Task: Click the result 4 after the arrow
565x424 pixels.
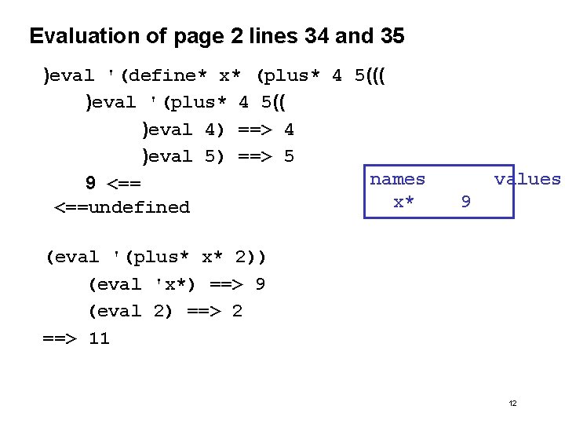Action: point(289,130)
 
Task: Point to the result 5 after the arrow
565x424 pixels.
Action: point(289,156)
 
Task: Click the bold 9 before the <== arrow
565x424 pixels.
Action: point(91,184)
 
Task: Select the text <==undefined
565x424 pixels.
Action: point(122,207)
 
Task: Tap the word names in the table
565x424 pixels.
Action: point(397,179)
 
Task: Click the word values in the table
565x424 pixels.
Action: point(527,179)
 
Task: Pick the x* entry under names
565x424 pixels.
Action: point(403,202)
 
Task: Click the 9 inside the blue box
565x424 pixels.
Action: point(466,203)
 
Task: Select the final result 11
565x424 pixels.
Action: point(99,338)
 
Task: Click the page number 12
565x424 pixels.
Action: point(512,403)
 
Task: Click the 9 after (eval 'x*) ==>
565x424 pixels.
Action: point(260,284)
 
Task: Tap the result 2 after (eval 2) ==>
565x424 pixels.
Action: point(237,311)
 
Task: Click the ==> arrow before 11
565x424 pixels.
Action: point(59,338)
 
